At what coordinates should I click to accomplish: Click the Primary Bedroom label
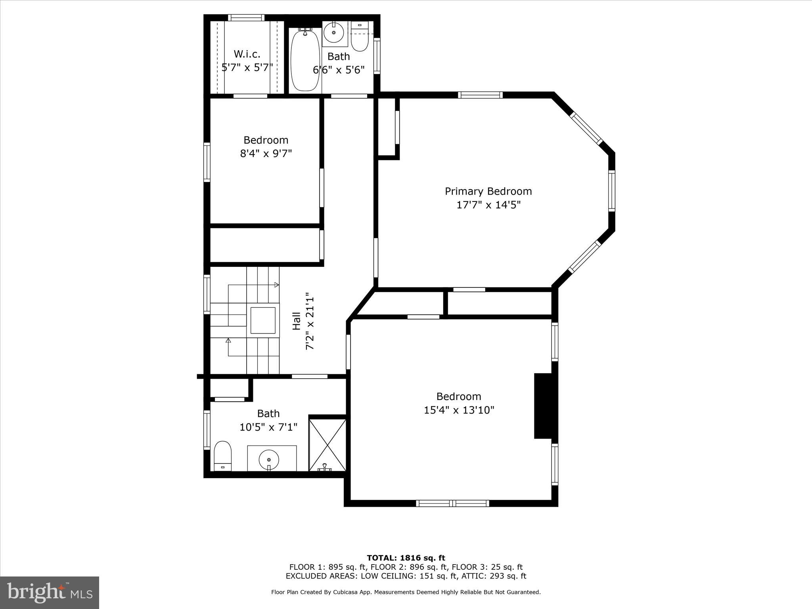click(x=488, y=192)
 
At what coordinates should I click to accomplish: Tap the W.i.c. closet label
click(x=247, y=54)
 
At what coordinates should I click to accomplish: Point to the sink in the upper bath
click(x=333, y=32)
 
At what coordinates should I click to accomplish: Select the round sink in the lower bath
click(x=269, y=460)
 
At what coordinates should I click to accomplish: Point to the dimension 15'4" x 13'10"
click(x=459, y=410)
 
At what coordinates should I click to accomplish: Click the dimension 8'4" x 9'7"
click(x=266, y=153)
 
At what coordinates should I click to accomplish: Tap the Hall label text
click(x=296, y=321)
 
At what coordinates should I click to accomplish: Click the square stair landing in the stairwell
click(x=262, y=320)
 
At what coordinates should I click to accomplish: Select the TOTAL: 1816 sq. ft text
click(x=406, y=558)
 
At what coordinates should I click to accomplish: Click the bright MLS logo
click(x=50, y=592)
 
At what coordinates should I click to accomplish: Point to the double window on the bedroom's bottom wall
click(x=452, y=503)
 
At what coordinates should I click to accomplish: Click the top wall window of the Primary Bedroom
click(x=480, y=95)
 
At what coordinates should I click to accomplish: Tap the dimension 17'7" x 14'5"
click(x=488, y=205)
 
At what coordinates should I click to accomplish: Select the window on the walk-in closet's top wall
click(x=246, y=17)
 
